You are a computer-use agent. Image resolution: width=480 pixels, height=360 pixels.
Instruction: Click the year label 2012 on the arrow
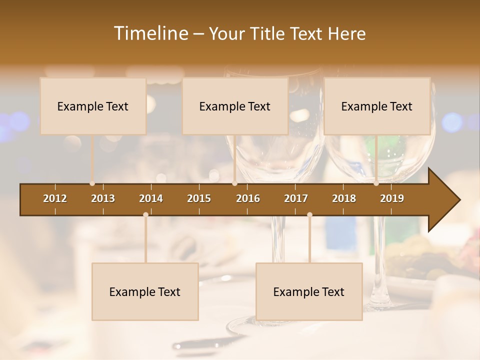[x=55, y=198]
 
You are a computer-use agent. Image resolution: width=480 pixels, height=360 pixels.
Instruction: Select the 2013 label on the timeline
[x=103, y=198]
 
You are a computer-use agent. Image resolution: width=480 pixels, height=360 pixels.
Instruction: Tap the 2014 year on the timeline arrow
[x=151, y=198]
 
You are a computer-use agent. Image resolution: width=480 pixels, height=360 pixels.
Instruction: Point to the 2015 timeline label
[x=199, y=198]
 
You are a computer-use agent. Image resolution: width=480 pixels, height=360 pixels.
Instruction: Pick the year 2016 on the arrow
[x=248, y=198]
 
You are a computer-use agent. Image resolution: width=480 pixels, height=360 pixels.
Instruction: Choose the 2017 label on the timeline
[x=296, y=198]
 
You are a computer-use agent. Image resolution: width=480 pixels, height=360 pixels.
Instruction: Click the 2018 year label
[x=344, y=198]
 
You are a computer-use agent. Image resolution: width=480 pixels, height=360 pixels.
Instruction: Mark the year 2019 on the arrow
[x=392, y=198]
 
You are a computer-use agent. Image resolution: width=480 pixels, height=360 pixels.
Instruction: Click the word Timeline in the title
[x=150, y=33]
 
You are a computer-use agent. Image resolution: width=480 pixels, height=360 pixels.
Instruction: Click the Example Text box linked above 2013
[x=93, y=106]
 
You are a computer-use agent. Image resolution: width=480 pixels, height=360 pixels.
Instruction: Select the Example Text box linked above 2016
[x=235, y=106]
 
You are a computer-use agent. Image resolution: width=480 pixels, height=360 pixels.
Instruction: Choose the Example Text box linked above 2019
[x=377, y=106]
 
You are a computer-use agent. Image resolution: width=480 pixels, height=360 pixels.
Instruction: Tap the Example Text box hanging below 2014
[x=145, y=291]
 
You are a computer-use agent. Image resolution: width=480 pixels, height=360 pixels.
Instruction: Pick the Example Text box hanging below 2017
[x=309, y=291]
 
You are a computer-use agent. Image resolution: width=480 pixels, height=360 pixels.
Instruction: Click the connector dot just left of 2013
[x=92, y=183]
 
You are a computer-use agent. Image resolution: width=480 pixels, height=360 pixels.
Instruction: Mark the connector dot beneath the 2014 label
[x=145, y=214]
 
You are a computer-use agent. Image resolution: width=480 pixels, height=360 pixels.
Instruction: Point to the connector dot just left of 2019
[x=376, y=183]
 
